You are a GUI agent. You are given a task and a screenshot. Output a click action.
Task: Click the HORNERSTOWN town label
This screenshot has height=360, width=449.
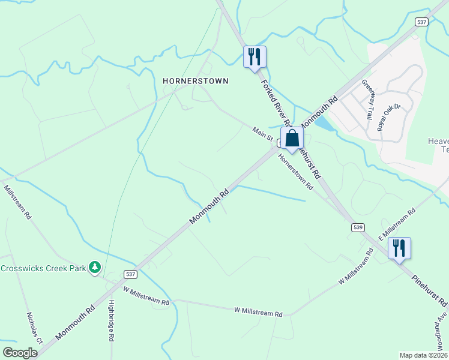pyautogui.click(x=196, y=80)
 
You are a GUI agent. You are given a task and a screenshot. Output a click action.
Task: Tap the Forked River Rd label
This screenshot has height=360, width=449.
pyautogui.click(x=275, y=102)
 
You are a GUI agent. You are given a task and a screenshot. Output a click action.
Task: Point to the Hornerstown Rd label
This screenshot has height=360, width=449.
pyautogui.click(x=295, y=172)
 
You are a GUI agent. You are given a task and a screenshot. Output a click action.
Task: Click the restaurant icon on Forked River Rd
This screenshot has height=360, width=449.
pyautogui.click(x=255, y=57)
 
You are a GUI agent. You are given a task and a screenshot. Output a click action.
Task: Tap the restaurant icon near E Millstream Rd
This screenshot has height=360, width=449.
pyautogui.click(x=399, y=248)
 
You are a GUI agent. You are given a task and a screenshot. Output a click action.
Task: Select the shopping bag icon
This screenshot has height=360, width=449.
pyautogui.click(x=292, y=139)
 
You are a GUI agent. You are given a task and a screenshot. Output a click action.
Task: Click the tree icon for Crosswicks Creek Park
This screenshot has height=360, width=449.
pyautogui.click(x=94, y=267)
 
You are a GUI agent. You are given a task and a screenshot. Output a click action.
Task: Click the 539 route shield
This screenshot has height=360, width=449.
pyautogui.click(x=358, y=227)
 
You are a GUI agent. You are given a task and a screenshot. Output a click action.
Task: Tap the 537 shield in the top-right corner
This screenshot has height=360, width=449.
pyautogui.click(x=421, y=22)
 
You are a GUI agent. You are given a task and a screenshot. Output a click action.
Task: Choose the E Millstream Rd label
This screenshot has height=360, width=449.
pyautogui.click(x=397, y=224)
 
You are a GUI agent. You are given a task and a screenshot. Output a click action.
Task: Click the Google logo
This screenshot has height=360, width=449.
pyautogui.click(x=20, y=353)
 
